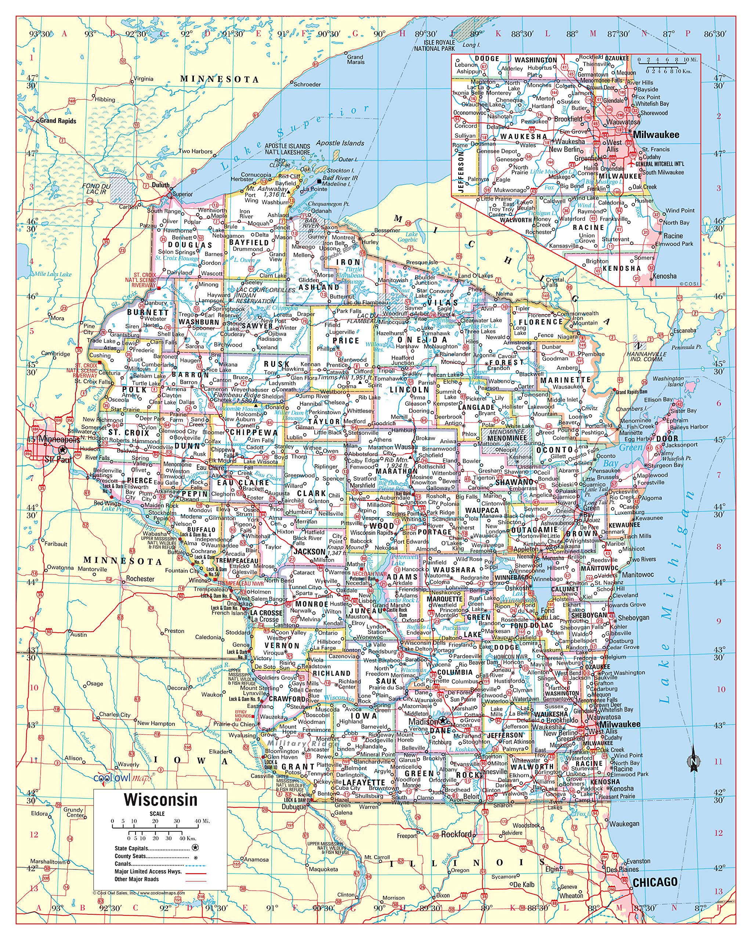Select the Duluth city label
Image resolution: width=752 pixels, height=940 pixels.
coord(160,185)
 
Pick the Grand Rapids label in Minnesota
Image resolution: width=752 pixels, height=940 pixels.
coord(58,121)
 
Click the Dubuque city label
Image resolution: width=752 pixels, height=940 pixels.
coord(294,807)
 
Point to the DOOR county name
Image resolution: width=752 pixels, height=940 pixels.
coord(667,439)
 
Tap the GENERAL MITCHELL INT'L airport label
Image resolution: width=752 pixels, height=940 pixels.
coord(659,164)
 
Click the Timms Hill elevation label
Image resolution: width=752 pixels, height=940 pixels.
coord(344,377)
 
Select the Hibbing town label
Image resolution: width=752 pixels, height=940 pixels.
coord(105,100)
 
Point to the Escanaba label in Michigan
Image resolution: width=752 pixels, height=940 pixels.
coord(684,330)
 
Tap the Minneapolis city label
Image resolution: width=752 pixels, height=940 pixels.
coord(59,439)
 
